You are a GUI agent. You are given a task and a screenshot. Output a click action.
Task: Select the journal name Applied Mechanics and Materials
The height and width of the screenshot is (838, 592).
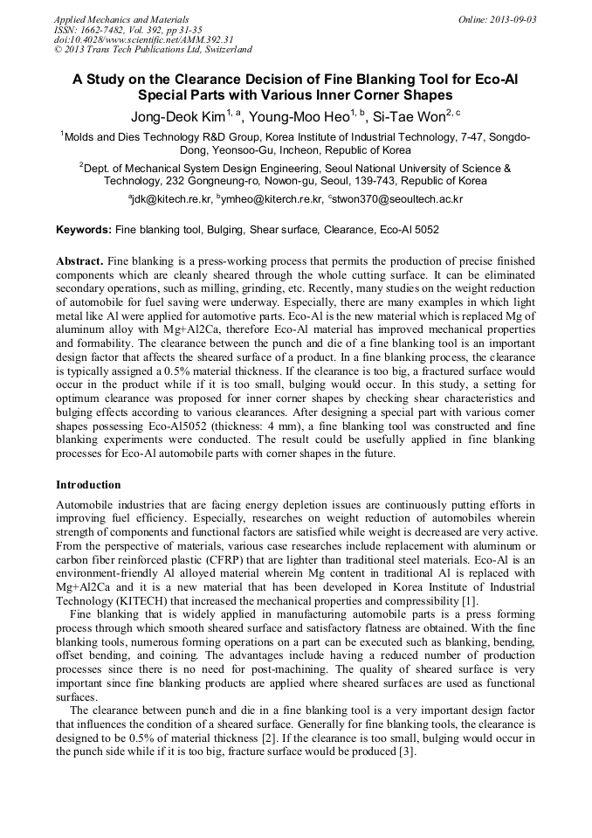(x=121, y=19)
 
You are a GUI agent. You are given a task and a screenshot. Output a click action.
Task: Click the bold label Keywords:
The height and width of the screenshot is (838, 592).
(x=84, y=230)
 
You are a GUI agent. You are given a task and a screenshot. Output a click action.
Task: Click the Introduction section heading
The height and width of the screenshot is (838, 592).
(x=88, y=484)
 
